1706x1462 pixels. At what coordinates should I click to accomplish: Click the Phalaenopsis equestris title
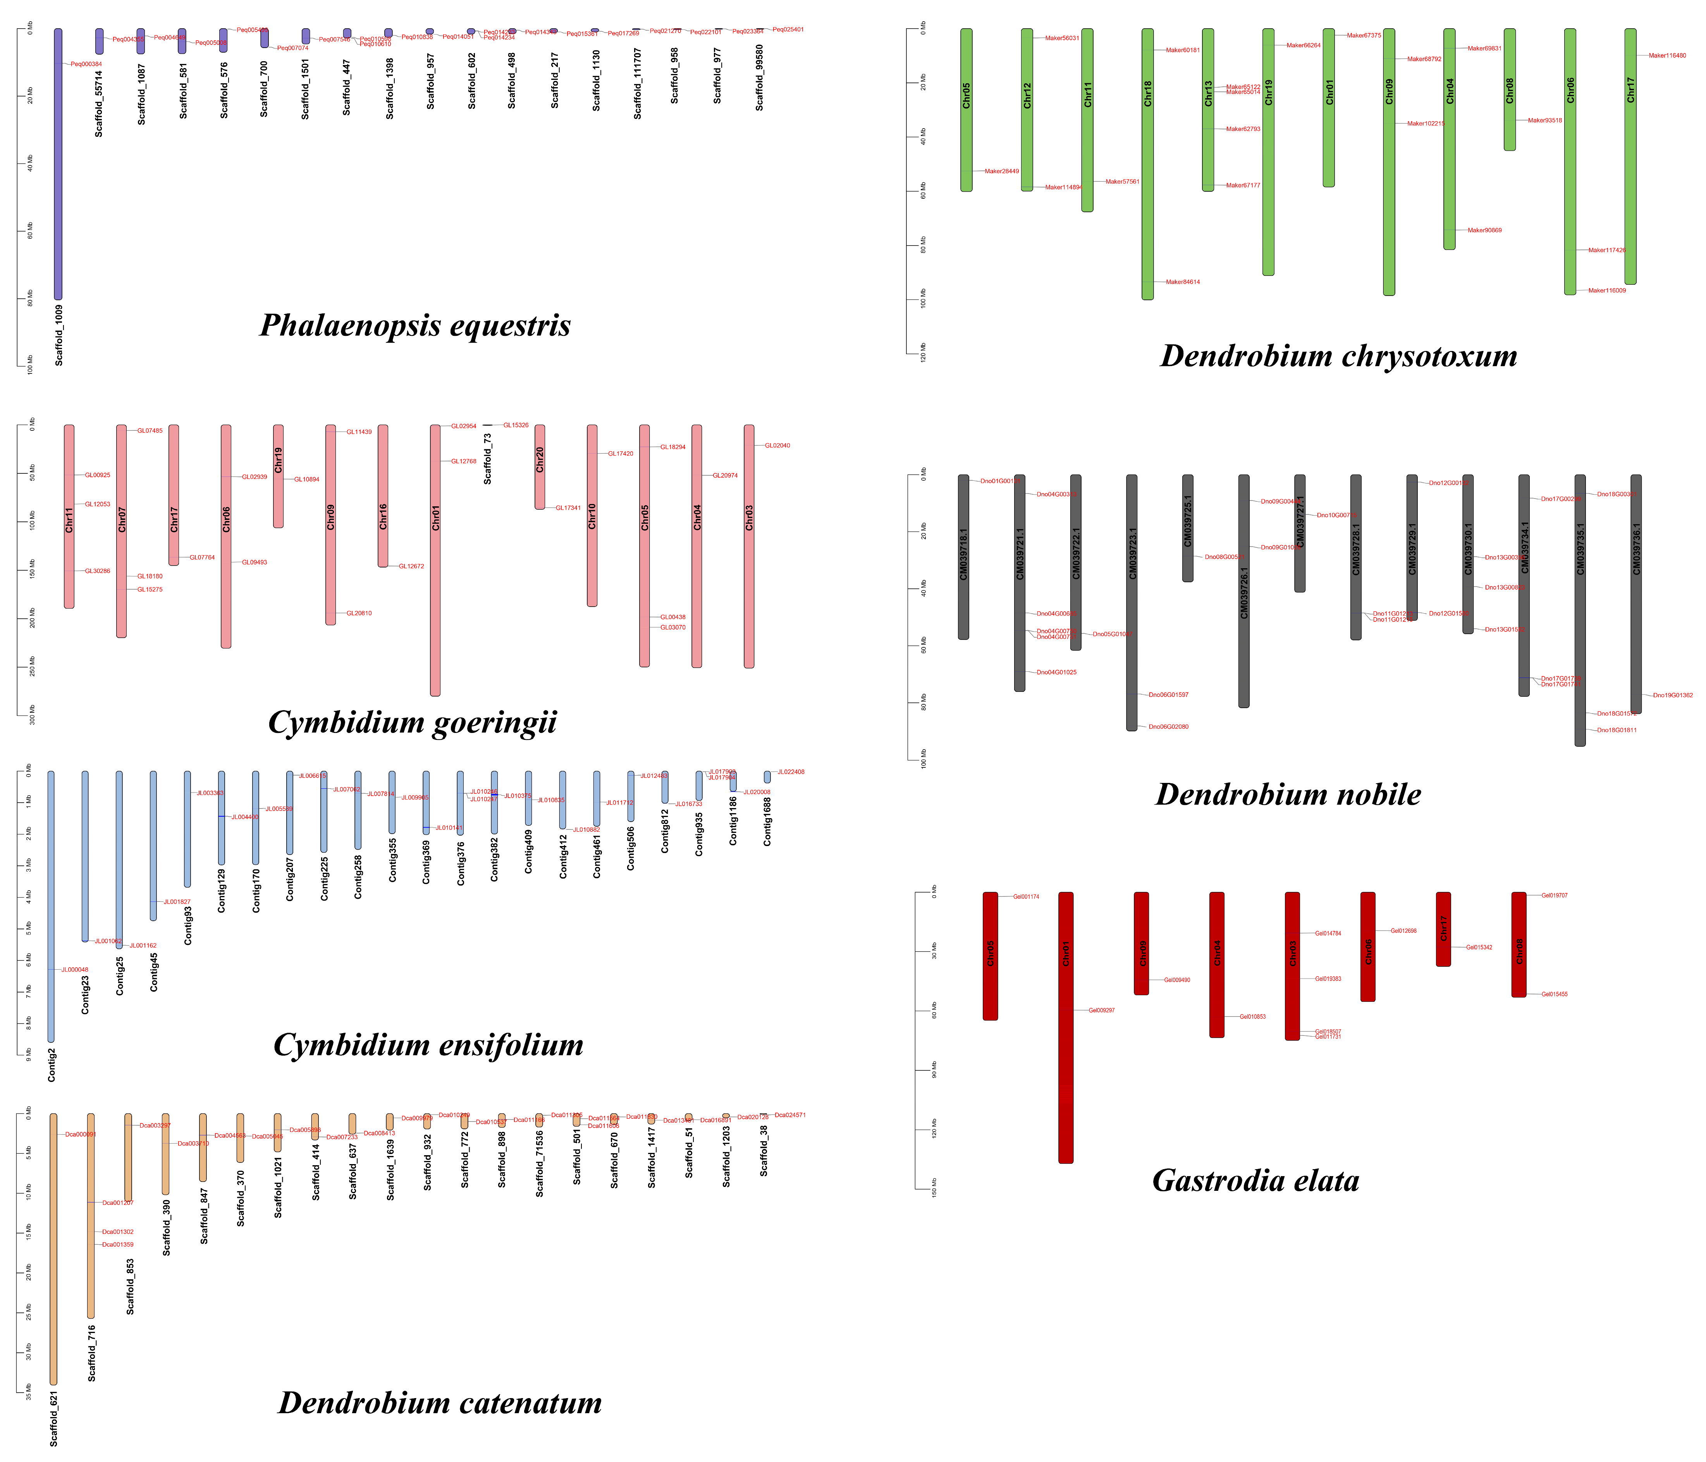click(x=415, y=325)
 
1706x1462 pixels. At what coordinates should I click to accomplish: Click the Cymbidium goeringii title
click(x=413, y=722)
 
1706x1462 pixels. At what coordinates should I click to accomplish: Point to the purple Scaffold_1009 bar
click(x=58, y=165)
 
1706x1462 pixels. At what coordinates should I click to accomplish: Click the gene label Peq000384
click(x=86, y=64)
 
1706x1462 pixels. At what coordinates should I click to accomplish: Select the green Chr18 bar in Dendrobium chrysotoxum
click(x=1147, y=165)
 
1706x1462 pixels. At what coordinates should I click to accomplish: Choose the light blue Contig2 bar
click(x=51, y=906)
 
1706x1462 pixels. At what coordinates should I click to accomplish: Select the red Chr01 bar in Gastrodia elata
click(x=1065, y=1029)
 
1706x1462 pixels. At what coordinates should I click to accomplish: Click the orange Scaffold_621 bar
click(x=53, y=1251)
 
